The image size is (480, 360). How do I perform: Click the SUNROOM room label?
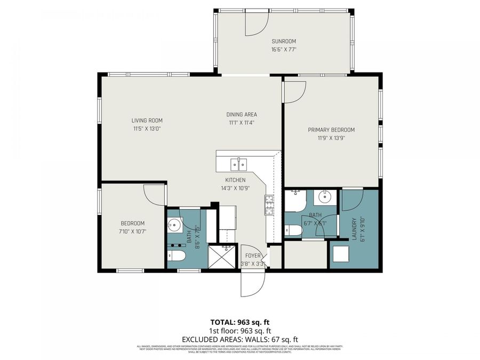coord(284,41)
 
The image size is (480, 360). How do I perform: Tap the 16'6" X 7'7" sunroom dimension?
coord(284,49)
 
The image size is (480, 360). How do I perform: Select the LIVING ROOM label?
coord(147,121)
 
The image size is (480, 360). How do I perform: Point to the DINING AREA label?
coord(242,115)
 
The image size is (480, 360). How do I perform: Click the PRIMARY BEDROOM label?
coord(331,130)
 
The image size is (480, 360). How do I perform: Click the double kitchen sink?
coord(238,163)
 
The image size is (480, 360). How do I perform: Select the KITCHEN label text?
coord(235,180)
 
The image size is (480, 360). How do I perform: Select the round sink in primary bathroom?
coord(324,198)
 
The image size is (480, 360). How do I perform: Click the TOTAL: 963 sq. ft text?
coord(239,322)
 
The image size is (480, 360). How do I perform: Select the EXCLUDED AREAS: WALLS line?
coord(239,339)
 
